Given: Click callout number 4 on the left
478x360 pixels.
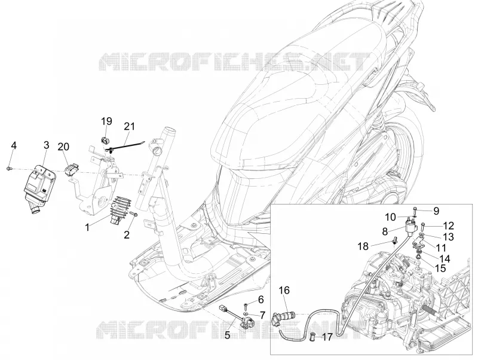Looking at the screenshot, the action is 13,145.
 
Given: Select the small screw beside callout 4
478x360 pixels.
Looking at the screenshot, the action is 9,168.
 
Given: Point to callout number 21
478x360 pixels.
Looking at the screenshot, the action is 129,126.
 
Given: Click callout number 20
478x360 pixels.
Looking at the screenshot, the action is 63,147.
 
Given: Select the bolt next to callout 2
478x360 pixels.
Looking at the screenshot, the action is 134,215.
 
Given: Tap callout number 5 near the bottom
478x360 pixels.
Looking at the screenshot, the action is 227,335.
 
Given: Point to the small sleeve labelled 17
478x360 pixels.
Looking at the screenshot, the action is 311,337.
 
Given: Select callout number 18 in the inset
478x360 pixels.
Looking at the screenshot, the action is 363,246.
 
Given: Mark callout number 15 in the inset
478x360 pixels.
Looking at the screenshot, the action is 440,269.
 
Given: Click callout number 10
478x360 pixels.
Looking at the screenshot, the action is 390,218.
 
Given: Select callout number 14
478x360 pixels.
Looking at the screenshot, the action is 445,259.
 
